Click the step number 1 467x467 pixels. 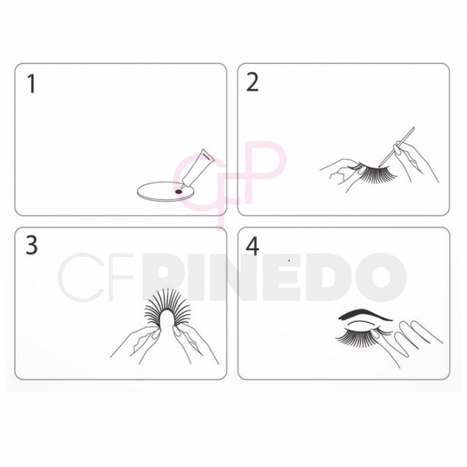click(30, 84)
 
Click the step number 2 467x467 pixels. click(253, 83)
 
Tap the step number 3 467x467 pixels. click(31, 245)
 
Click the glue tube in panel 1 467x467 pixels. click(197, 168)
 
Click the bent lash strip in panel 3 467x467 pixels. click(164, 309)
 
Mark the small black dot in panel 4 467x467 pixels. click(289, 261)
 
